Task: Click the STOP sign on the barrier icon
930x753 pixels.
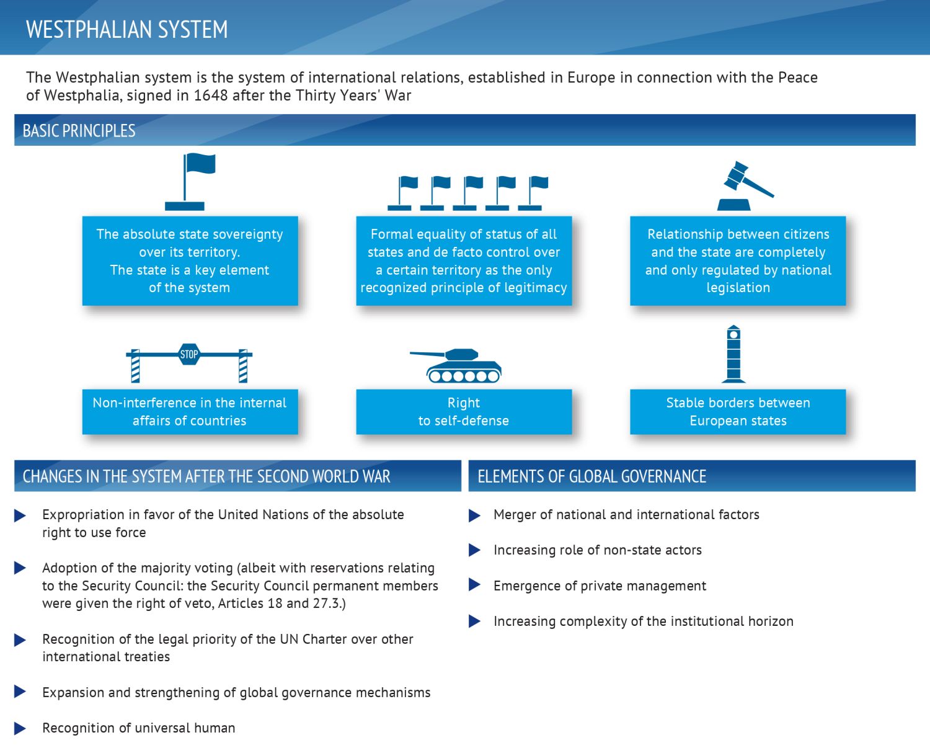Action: (x=189, y=354)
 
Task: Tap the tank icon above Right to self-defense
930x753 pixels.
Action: (x=456, y=365)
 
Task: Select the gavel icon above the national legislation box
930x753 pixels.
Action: (x=745, y=185)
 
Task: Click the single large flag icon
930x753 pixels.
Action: (x=190, y=181)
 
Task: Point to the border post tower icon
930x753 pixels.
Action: (x=733, y=354)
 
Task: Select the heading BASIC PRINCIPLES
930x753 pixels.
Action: (x=79, y=131)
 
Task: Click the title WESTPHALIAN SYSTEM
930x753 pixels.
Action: (x=126, y=29)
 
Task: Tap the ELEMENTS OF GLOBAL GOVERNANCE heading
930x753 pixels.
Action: (x=591, y=476)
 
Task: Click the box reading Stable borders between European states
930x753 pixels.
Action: (x=738, y=411)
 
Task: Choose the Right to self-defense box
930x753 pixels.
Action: (x=464, y=411)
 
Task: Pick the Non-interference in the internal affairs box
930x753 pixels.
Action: (x=190, y=411)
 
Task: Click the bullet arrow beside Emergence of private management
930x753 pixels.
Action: (x=474, y=585)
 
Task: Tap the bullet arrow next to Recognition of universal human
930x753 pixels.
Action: (x=20, y=728)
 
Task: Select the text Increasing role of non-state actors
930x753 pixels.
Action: (x=598, y=550)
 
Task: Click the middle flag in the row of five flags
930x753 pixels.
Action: (x=467, y=193)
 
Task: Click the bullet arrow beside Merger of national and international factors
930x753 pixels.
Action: (x=474, y=515)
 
